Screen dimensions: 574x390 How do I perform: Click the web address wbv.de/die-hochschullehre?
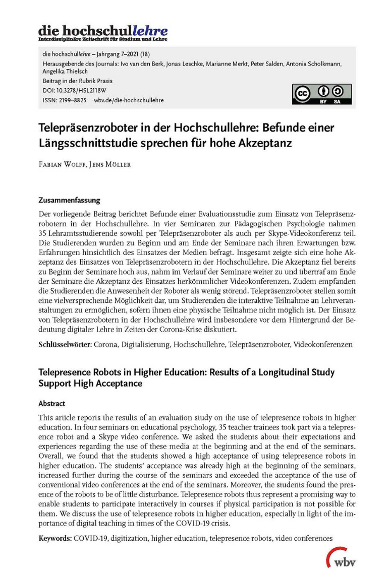(x=129, y=100)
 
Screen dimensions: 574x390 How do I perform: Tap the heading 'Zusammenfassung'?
(x=69, y=200)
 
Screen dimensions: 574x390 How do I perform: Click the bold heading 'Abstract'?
(x=52, y=404)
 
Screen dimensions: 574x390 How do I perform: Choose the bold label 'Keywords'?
(x=55, y=539)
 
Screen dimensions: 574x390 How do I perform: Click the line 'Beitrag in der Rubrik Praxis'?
(x=78, y=81)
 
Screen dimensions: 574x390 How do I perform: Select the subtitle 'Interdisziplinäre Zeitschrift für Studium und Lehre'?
(x=102, y=39)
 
